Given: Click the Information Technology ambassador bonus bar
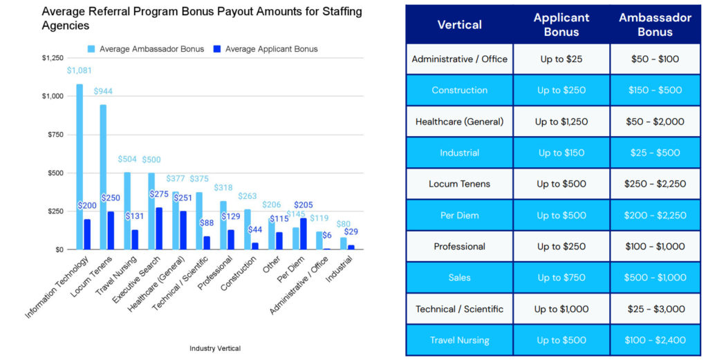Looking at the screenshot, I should (80, 166).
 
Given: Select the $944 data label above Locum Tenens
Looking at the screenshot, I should (104, 91).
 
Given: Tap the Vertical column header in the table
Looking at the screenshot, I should (459, 24).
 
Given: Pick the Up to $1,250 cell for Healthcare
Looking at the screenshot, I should (561, 122).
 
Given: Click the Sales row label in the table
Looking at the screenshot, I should (459, 278).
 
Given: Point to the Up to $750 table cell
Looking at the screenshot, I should (561, 278).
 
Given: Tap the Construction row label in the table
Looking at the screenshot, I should (459, 91).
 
